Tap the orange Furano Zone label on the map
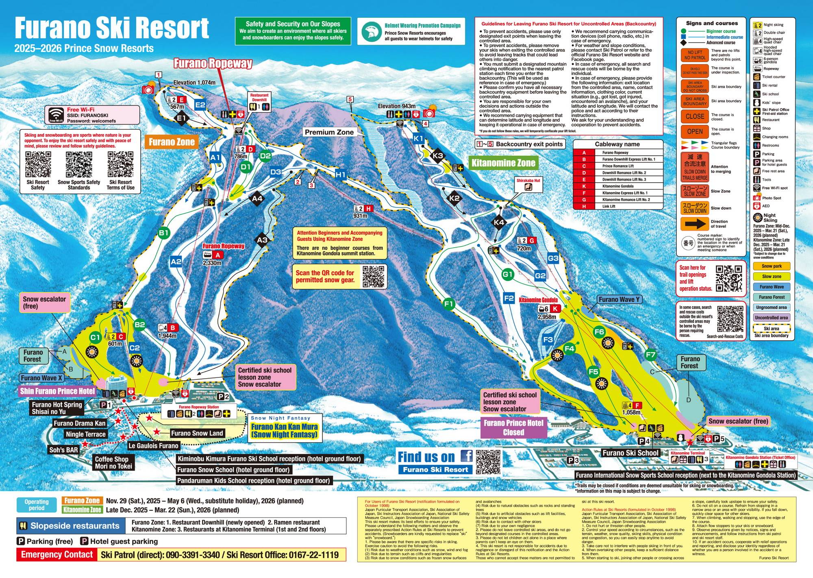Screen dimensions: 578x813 click(172, 142)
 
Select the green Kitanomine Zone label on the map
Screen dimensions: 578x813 click(503, 164)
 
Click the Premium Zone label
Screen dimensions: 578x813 click(329, 132)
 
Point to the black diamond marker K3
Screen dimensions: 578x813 click(438, 156)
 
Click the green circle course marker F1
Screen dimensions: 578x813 click(449, 304)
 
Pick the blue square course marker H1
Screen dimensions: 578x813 click(341, 175)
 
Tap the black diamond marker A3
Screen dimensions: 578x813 click(262, 240)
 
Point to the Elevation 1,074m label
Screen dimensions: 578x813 click(194, 83)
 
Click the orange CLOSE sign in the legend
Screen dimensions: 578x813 click(695, 116)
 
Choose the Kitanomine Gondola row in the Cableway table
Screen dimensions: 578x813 click(618, 186)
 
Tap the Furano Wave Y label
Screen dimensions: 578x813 click(619, 300)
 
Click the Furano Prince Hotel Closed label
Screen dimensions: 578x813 click(513, 428)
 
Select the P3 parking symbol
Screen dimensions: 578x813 click(573, 460)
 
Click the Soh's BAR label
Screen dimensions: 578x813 click(64, 450)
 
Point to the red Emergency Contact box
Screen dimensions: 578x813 click(57, 555)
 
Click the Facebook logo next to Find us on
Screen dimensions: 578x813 click(466, 456)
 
